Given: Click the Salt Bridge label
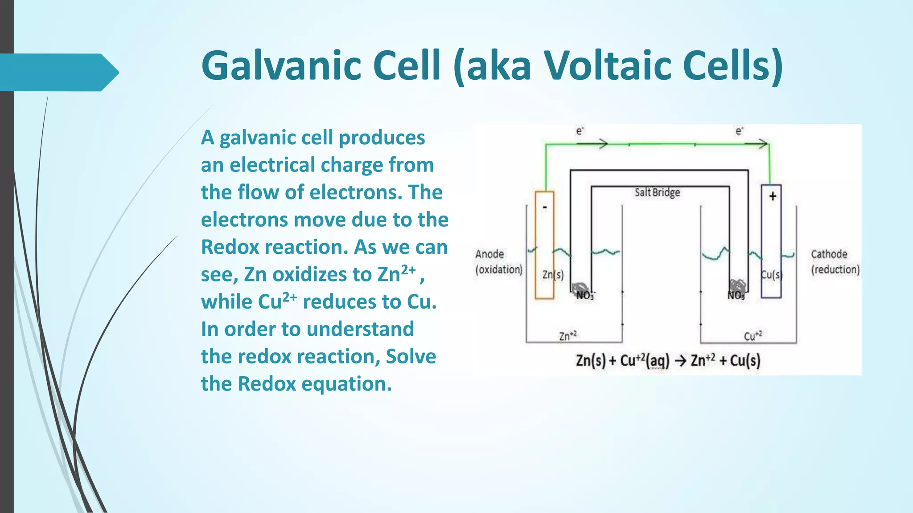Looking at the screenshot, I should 657,192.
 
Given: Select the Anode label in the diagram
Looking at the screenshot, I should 489,254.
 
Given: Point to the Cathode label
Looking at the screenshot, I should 829,254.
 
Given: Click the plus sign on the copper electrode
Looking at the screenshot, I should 773,196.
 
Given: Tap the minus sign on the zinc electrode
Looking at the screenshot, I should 544,208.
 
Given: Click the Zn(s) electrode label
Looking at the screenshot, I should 553,275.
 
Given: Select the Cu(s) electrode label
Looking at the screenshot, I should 771,275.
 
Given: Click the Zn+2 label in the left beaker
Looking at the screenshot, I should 568,335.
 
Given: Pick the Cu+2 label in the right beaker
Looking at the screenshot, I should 753,335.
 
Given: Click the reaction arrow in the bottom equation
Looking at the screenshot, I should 680,360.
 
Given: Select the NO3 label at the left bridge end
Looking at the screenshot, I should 585,296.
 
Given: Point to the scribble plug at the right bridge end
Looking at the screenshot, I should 737,285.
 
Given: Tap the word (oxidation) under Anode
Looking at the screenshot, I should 498,269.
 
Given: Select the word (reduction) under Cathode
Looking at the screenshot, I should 835,269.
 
